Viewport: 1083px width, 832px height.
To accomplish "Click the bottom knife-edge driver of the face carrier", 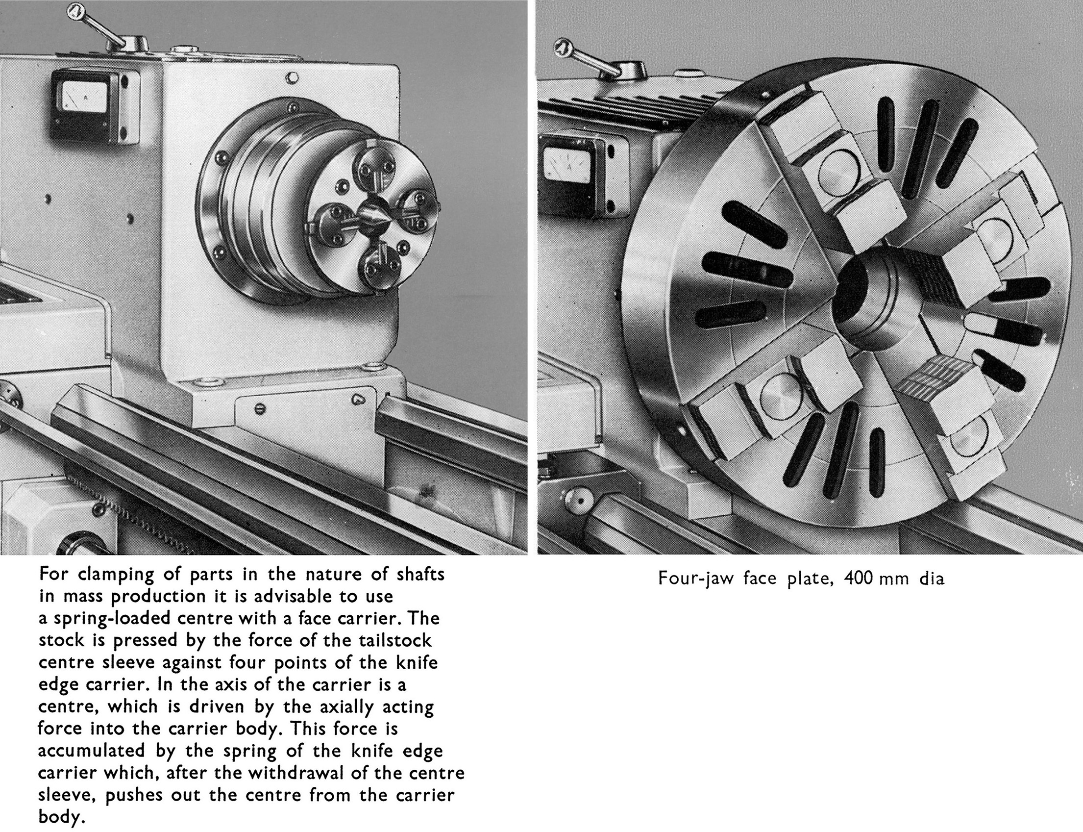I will pos(380,265).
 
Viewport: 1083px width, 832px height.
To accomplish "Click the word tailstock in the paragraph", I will pos(394,640).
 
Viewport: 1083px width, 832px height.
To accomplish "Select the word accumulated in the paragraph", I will pos(92,750).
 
